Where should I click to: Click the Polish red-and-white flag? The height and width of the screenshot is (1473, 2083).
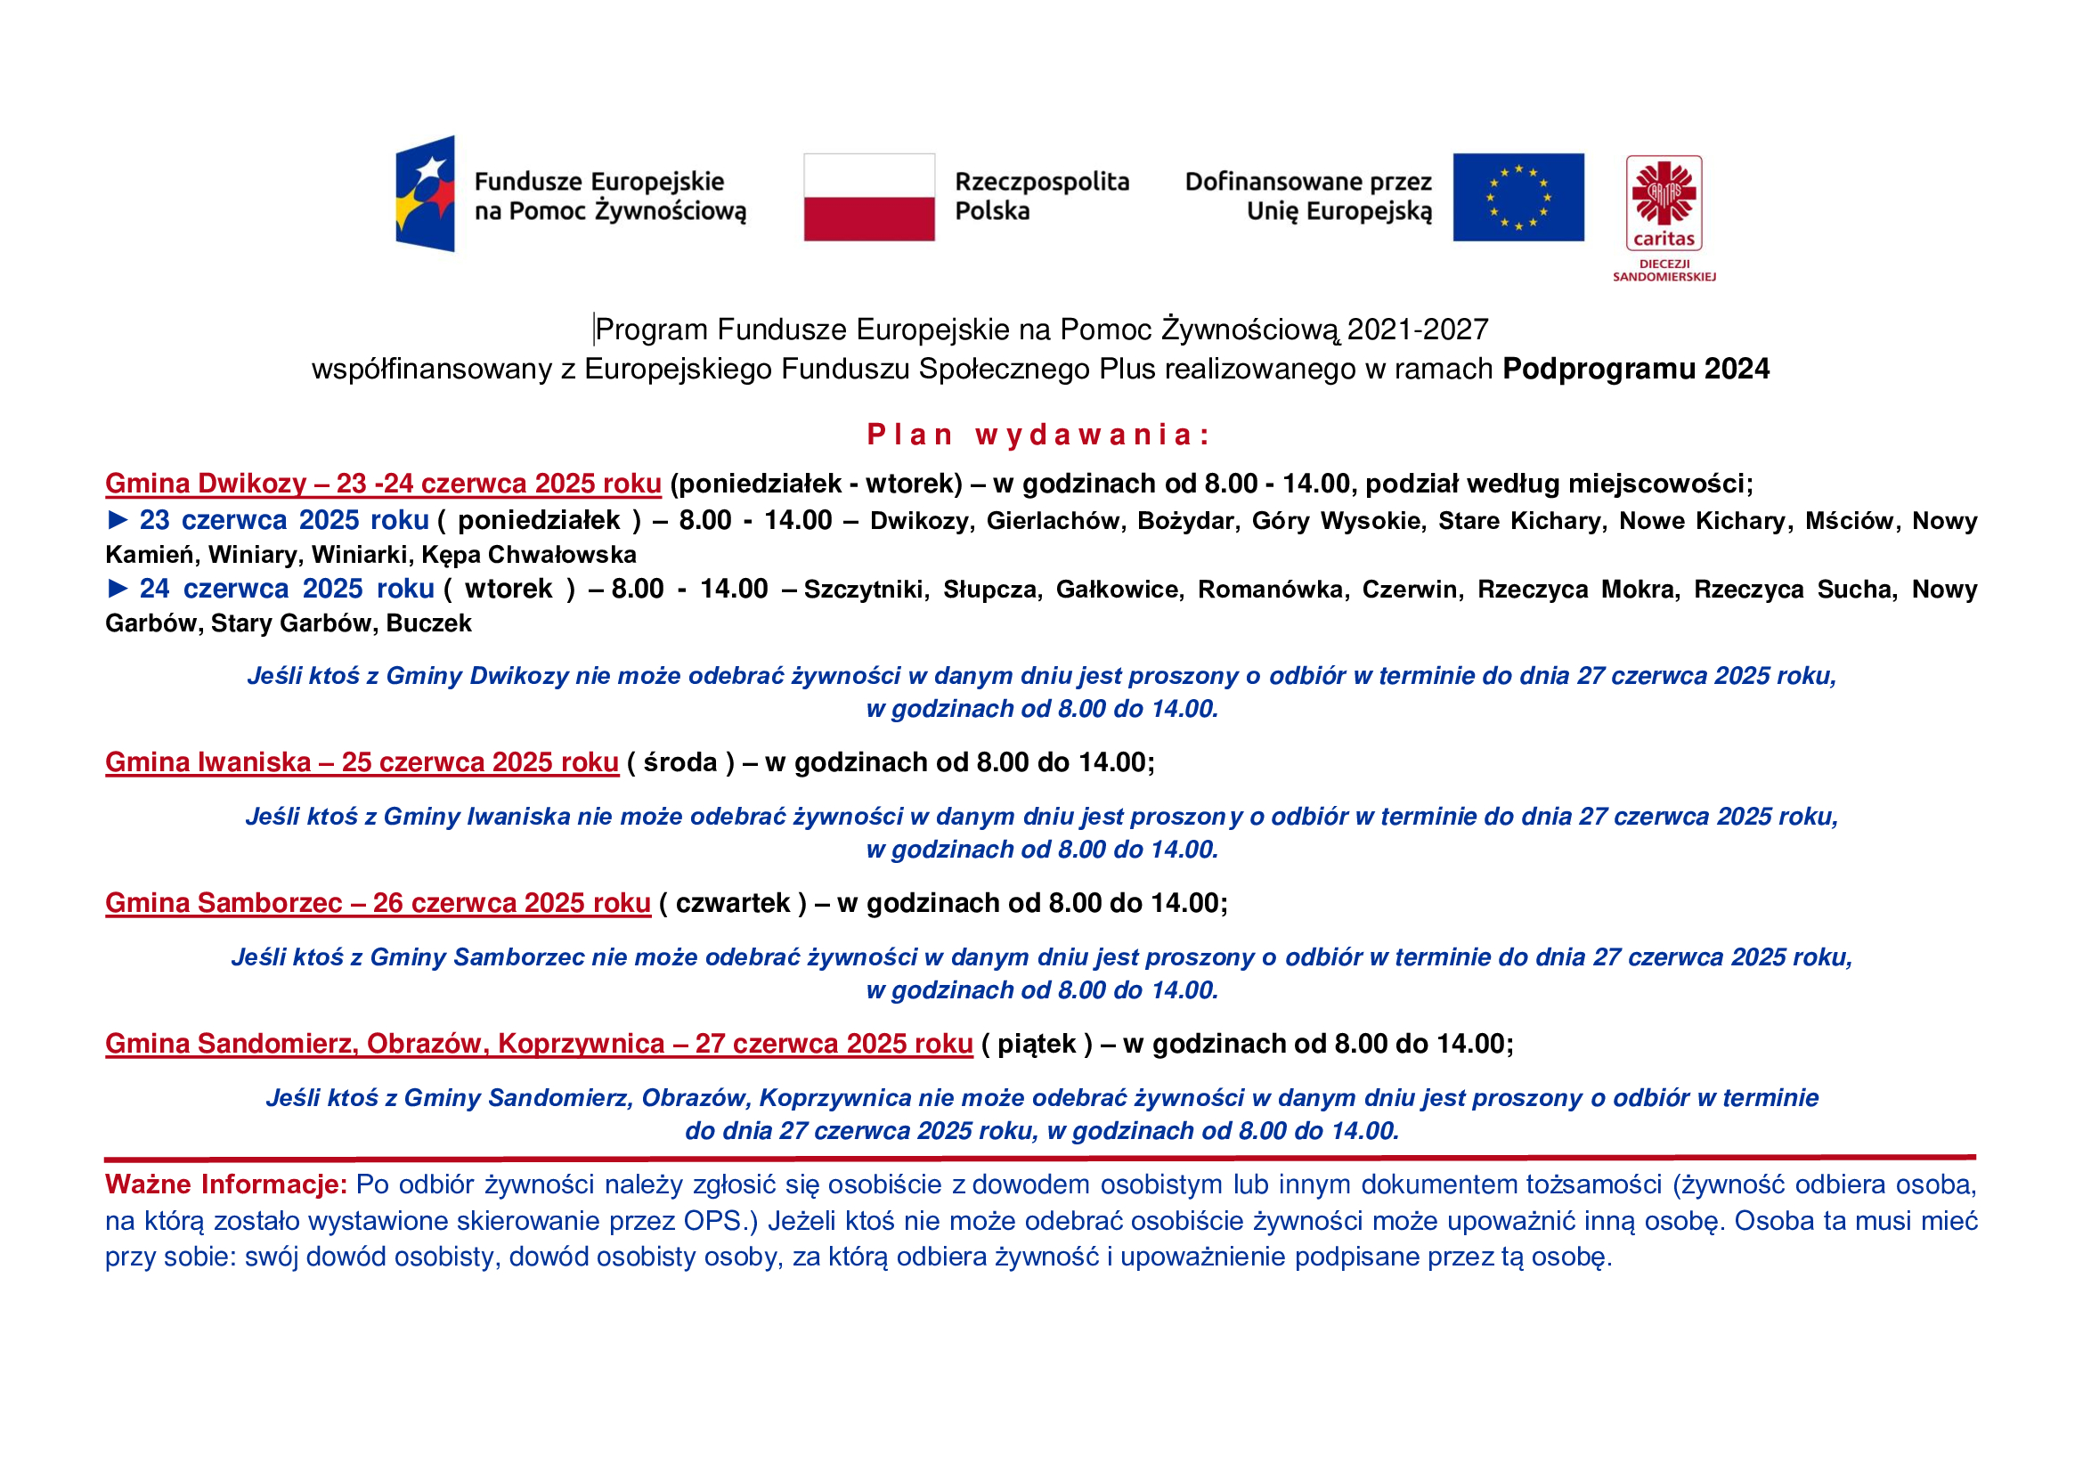(868, 197)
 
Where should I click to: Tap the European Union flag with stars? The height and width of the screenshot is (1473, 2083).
(1517, 197)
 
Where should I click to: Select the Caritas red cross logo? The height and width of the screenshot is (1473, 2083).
(1663, 193)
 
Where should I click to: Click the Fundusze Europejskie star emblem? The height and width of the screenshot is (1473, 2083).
(426, 193)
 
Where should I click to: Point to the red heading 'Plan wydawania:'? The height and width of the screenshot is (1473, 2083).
(1038, 435)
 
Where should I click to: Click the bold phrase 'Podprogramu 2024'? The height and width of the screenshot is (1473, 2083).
(1635, 370)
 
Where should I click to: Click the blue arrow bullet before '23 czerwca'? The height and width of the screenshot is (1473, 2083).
(118, 520)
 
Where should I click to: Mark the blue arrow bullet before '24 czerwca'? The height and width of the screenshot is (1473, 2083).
(118, 589)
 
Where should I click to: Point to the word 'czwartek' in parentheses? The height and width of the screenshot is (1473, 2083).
(733, 902)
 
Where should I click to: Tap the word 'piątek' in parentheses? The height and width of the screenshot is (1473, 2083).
(1036, 1043)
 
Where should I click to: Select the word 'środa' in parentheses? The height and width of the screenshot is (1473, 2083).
(679, 762)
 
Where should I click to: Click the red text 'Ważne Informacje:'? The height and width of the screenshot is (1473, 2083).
(226, 1184)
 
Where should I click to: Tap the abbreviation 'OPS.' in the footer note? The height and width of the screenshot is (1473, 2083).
(712, 1221)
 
